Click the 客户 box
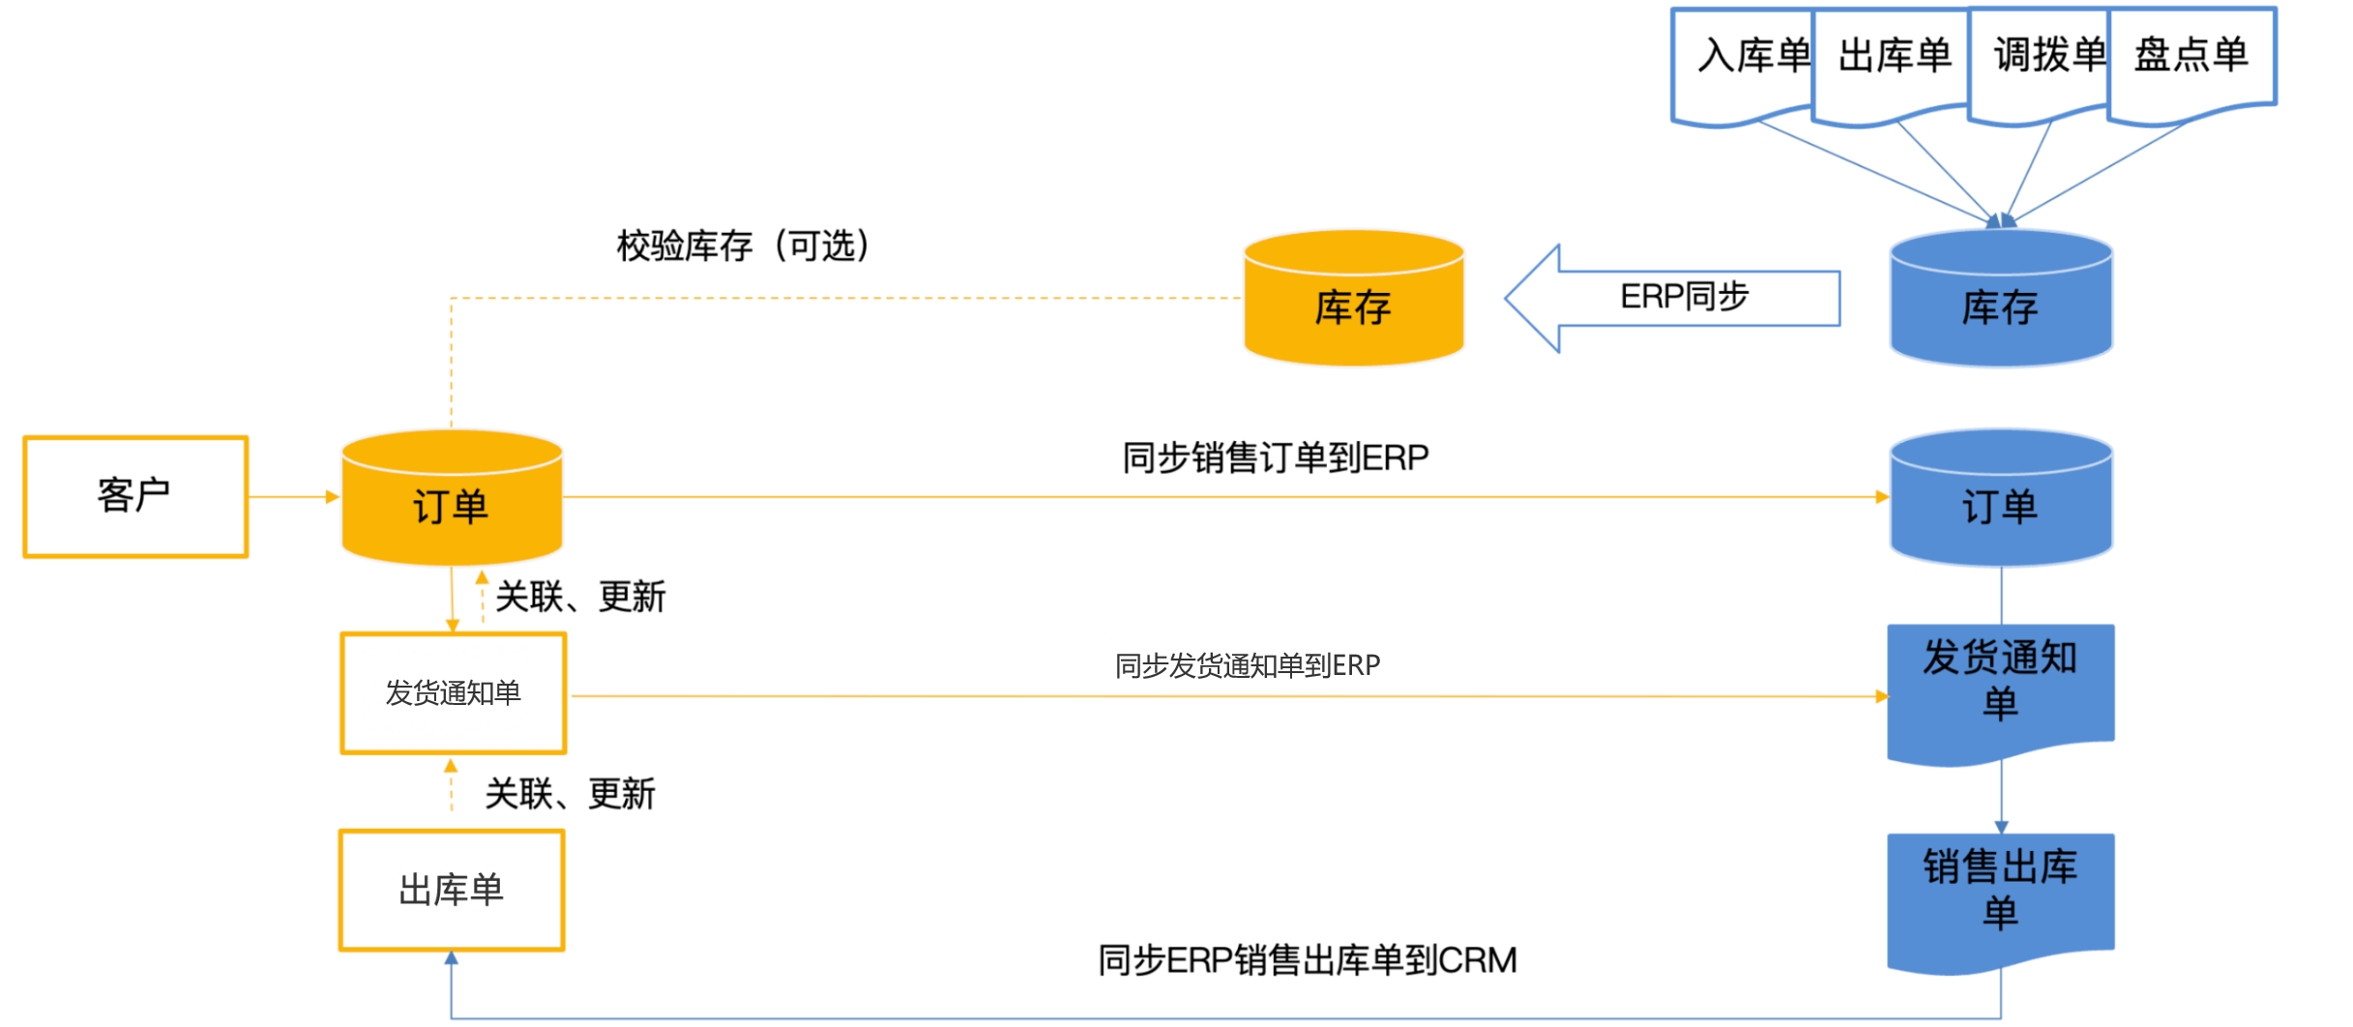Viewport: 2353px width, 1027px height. [x=135, y=497]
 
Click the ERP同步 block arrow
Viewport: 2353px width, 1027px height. [x=1673, y=298]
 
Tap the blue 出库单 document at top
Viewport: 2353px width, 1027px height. [x=1892, y=64]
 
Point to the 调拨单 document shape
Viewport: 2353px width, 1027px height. [x=2041, y=64]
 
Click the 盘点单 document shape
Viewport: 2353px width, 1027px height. [x=2191, y=62]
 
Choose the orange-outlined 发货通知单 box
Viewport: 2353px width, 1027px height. [x=453, y=693]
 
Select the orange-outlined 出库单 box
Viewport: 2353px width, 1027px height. [x=452, y=891]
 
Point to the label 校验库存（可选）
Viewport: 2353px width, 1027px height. [x=744, y=246]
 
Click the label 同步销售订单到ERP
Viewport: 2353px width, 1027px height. [x=1275, y=457]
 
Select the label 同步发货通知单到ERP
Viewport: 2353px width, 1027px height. [x=1248, y=665]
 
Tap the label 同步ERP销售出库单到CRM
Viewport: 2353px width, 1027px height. [x=1308, y=960]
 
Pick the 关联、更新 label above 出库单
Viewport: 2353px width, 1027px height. [x=570, y=794]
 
